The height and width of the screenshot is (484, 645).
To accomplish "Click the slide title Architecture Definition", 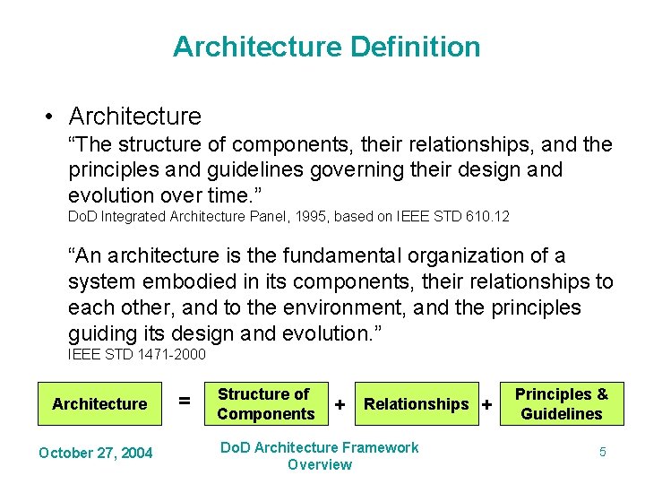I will point(326,47).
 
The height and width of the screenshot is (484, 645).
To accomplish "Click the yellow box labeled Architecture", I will point(99,403).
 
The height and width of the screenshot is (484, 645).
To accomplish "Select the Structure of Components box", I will point(265,403).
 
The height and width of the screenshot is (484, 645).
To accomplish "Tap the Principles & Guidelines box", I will point(562,403).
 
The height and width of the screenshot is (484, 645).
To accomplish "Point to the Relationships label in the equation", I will point(416,404).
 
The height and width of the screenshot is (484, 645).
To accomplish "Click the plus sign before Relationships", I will point(340,405).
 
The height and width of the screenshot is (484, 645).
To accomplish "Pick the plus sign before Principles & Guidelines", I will point(486,405).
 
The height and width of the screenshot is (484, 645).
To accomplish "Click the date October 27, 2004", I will point(96,453).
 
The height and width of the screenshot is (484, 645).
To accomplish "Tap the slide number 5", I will point(602,453).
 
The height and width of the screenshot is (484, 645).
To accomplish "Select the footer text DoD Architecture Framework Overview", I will point(320,455).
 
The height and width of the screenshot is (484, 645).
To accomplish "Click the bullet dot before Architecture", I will point(51,117).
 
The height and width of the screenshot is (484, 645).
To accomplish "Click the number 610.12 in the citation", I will point(492,216).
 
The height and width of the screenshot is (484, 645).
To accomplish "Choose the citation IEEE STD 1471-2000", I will point(137,355).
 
